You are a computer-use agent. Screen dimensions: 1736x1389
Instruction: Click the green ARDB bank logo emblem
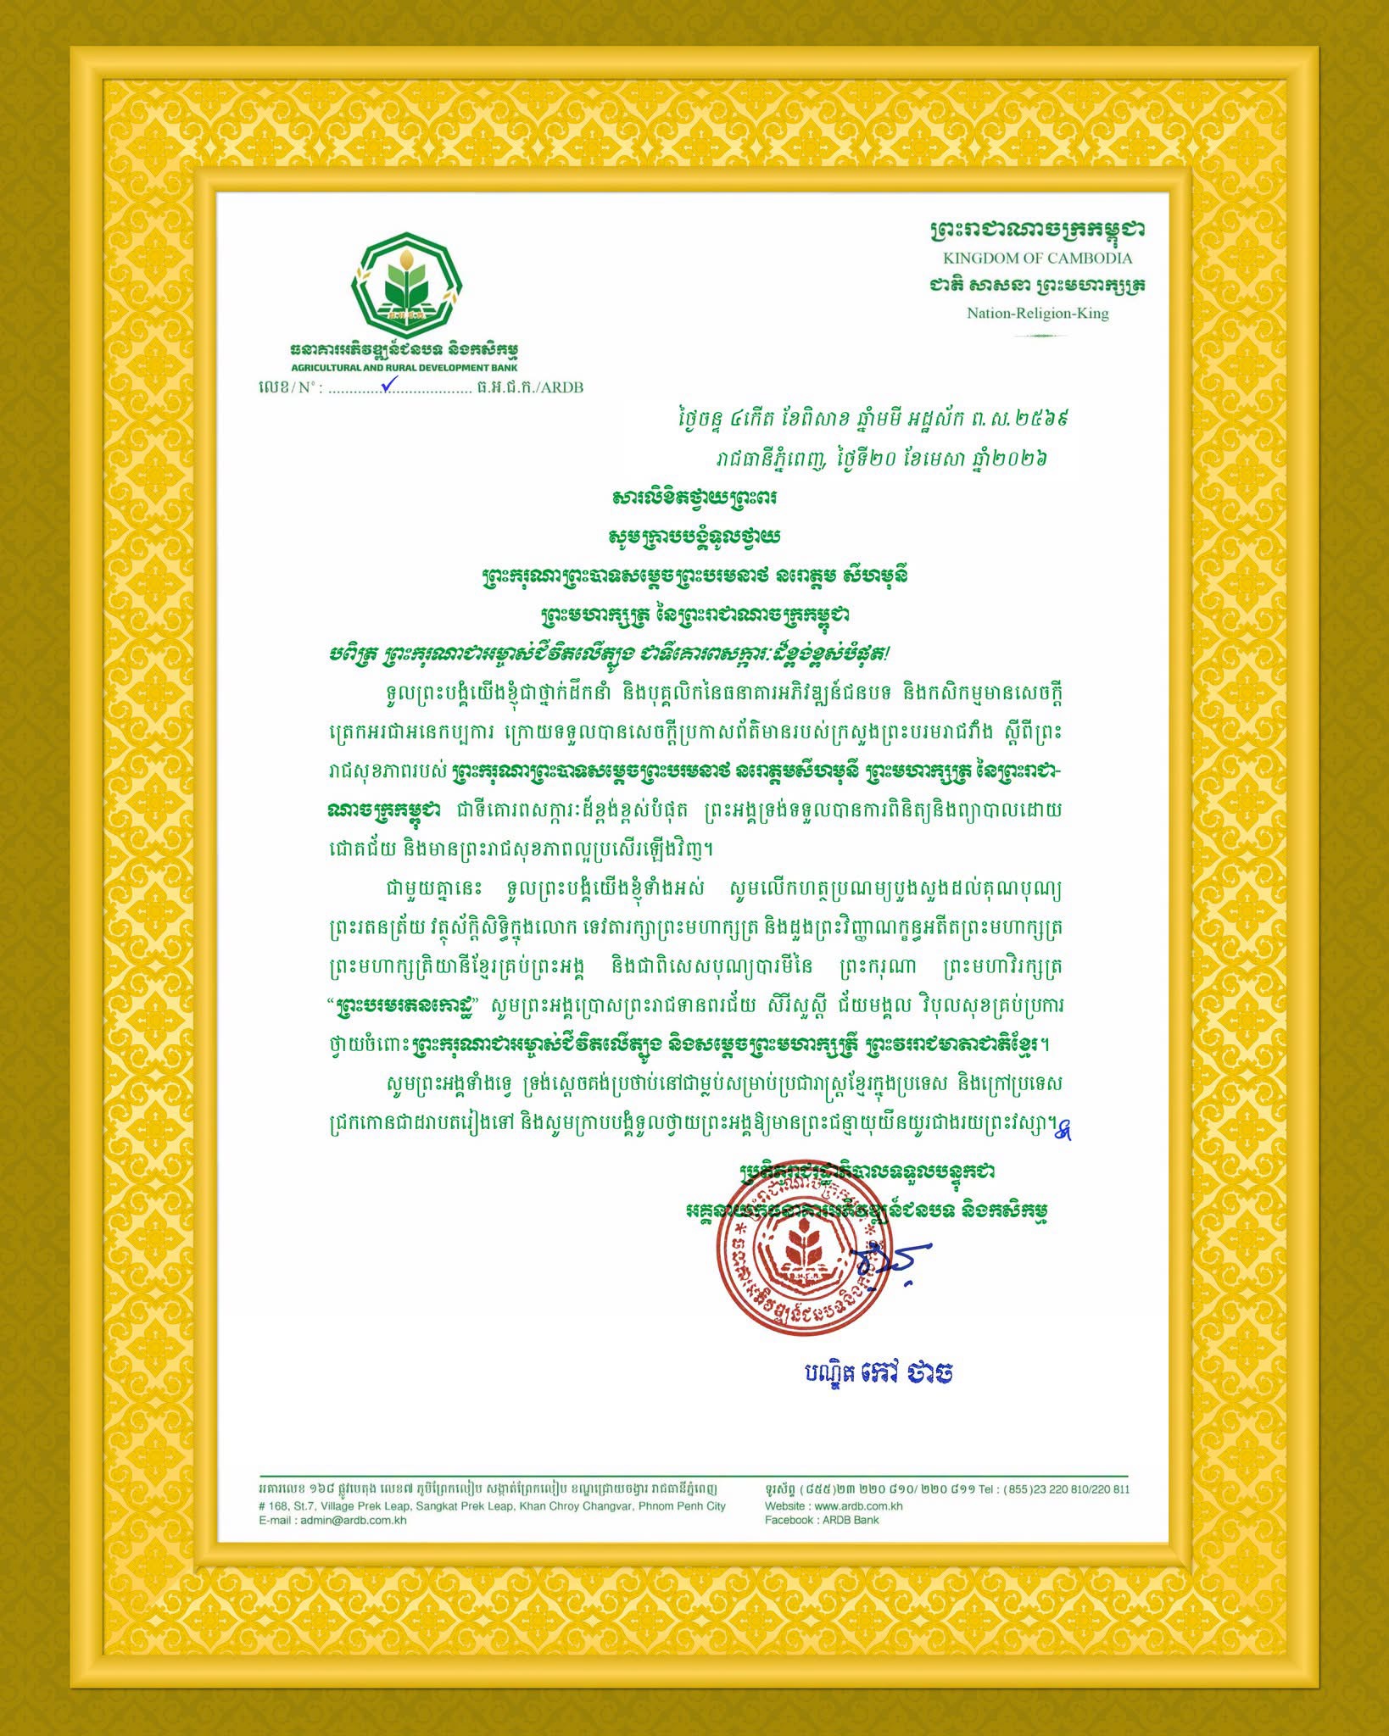406,284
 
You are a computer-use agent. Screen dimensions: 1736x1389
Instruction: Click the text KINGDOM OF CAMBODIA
1037,258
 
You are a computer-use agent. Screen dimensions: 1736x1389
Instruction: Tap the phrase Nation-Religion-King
1037,314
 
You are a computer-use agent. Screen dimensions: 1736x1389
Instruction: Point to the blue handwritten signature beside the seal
890,1262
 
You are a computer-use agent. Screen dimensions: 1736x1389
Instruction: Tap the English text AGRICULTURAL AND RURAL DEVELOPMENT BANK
404,368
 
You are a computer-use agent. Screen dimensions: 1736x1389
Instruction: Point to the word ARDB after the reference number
562,387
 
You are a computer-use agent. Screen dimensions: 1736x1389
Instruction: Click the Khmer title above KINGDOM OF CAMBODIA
1037,230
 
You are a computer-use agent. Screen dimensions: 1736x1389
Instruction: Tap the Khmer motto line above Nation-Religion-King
1037,286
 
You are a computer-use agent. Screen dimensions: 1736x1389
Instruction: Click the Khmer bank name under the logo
404,350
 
